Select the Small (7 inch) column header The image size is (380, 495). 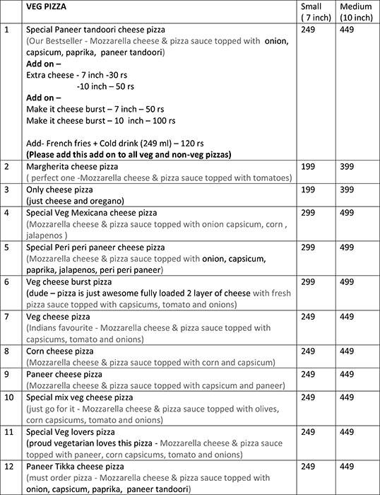tap(311, 11)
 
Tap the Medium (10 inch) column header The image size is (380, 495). tap(355, 11)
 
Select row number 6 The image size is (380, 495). tap(7, 281)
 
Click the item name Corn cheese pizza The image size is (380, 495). tap(59, 351)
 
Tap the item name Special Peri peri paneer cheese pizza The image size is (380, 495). tap(95, 247)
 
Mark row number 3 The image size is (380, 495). tap(7, 190)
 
